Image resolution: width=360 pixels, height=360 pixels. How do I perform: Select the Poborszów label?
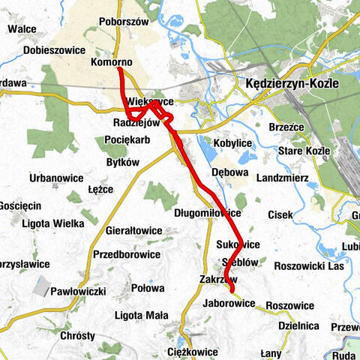click(x=124, y=22)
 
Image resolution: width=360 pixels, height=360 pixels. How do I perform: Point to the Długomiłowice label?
click(x=207, y=213)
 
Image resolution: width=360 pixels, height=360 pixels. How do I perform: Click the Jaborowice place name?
click(x=229, y=303)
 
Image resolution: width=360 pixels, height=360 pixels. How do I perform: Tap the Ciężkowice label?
click(x=193, y=351)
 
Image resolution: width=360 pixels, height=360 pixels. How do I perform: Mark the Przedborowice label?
click(x=127, y=253)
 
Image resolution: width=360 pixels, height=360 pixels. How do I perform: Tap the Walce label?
click(x=22, y=29)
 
